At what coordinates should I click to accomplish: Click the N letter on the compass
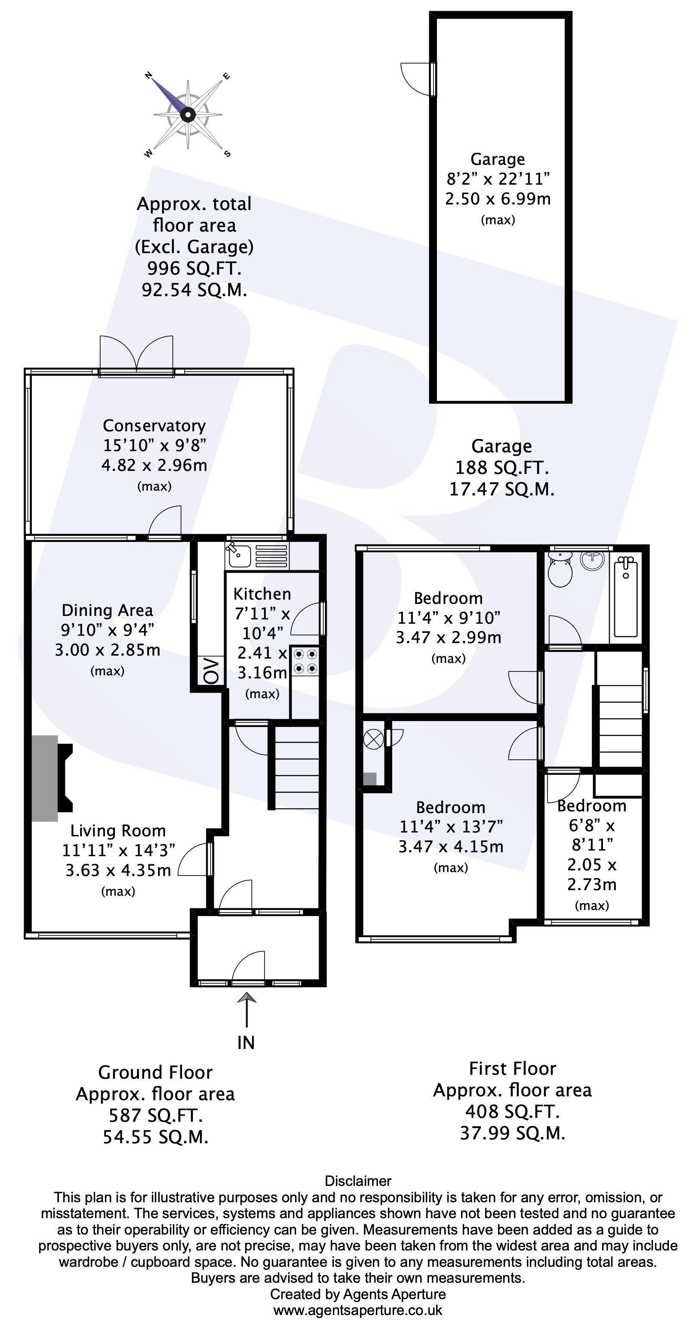(x=148, y=76)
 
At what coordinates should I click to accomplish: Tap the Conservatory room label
(x=154, y=426)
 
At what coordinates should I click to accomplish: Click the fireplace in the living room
(x=52, y=778)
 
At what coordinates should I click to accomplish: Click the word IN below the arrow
(x=246, y=1043)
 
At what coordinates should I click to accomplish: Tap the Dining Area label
(x=107, y=610)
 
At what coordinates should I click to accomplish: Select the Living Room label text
(x=118, y=831)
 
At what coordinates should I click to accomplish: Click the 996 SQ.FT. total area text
(x=194, y=269)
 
